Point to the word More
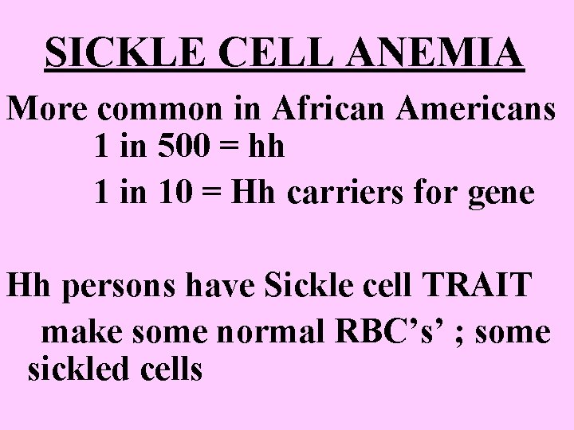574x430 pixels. tap(45, 109)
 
